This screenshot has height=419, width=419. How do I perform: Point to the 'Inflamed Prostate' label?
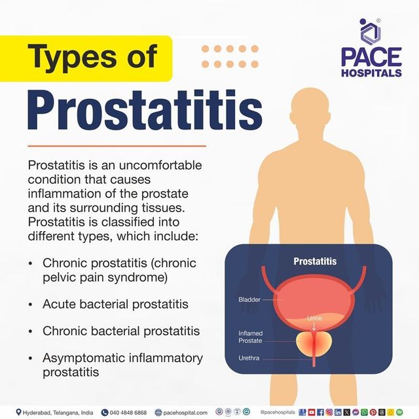(x=251, y=337)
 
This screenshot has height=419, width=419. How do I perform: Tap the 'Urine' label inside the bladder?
(x=315, y=318)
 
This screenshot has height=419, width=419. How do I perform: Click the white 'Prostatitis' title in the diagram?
(x=315, y=261)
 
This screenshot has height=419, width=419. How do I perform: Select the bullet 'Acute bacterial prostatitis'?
(x=115, y=304)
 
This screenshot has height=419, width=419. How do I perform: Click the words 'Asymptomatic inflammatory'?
(x=122, y=358)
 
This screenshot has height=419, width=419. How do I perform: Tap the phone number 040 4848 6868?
(x=128, y=412)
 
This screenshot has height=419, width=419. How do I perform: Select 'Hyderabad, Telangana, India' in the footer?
(x=58, y=412)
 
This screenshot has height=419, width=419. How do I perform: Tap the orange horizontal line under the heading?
(x=117, y=146)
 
